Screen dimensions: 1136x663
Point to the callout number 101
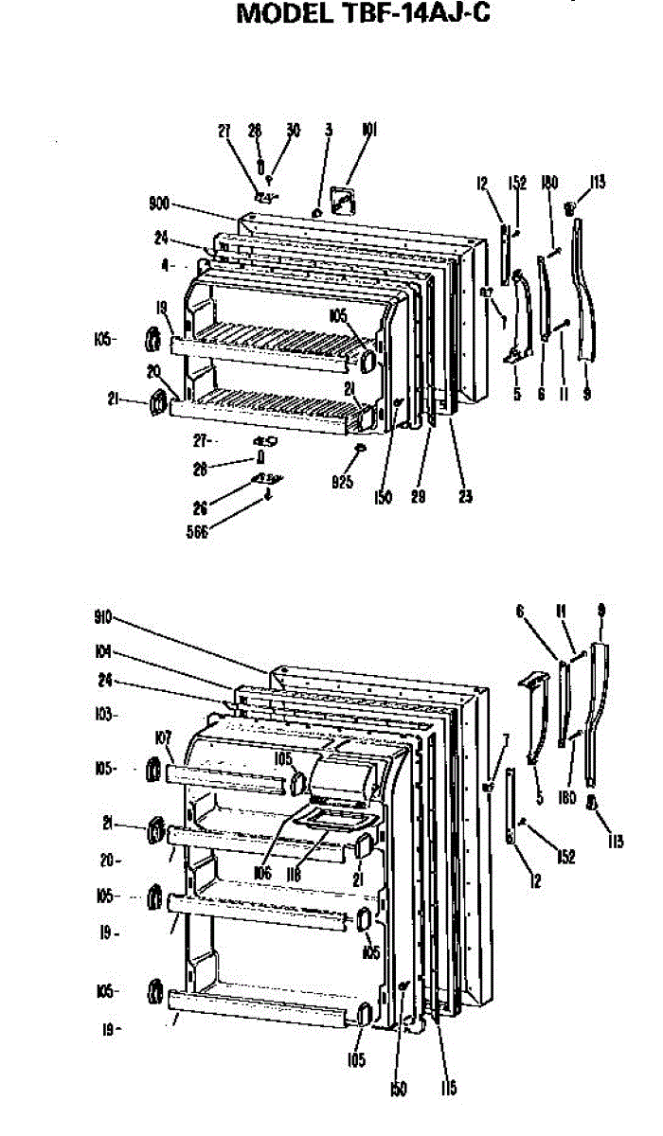[x=369, y=132]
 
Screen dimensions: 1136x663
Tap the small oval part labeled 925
[x=359, y=449]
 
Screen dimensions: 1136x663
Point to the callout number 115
[x=448, y=1089]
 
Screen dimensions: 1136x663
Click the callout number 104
[x=103, y=651]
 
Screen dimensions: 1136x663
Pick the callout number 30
[x=294, y=132]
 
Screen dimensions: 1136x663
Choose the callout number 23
[x=465, y=496]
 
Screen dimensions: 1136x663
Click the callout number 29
[x=416, y=496]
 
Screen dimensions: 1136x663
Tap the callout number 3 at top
[x=328, y=132]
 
